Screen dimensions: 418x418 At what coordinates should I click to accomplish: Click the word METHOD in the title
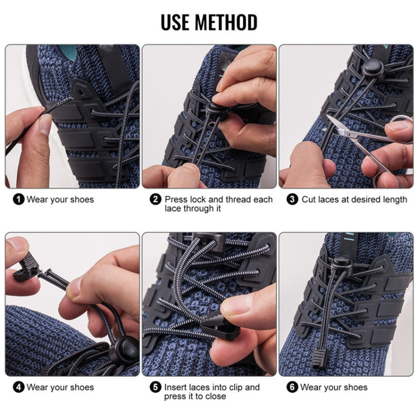coord(226,22)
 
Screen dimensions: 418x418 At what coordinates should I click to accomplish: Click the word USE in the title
coord(176,22)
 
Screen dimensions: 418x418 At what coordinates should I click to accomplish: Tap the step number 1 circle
coord(18,200)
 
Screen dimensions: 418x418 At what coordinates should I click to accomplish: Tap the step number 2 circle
coord(155,200)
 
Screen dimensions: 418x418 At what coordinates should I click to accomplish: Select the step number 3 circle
coord(293,200)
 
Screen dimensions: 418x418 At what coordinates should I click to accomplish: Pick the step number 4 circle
coord(18,387)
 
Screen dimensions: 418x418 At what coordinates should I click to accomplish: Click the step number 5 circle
coord(155,387)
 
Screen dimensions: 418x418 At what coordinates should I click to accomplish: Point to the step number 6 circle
coord(293,387)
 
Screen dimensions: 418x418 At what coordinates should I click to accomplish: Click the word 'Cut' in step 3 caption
coord(309,200)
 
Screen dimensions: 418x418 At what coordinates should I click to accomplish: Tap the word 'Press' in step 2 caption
coord(177,200)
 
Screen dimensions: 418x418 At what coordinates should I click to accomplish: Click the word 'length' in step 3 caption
coord(394,200)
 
